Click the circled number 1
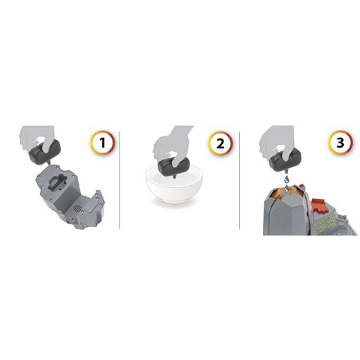[103, 143]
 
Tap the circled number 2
[220, 143]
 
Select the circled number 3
[340, 142]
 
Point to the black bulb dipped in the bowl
[174, 167]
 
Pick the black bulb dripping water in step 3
[285, 160]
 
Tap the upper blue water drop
[286, 179]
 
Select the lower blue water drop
[286, 188]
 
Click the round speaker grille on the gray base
[77, 208]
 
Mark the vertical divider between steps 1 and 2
[120, 180]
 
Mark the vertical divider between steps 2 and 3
[239, 180]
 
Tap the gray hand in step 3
[277, 139]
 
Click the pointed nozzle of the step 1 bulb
[49, 162]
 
